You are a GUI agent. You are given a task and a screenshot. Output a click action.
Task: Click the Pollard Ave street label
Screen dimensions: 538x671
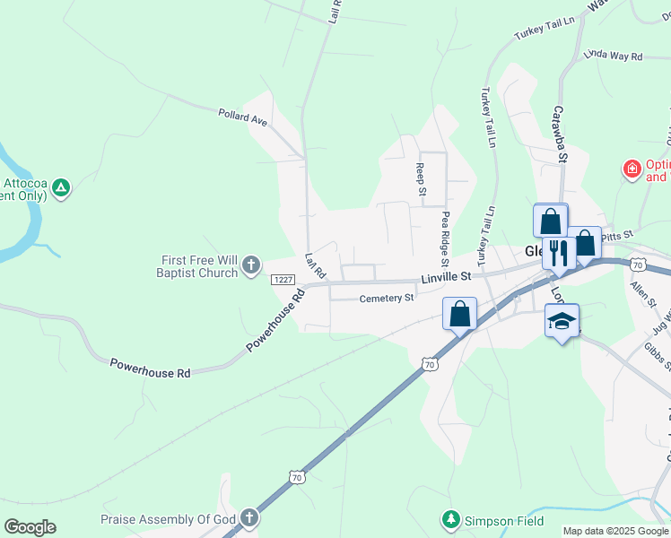coord(243,117)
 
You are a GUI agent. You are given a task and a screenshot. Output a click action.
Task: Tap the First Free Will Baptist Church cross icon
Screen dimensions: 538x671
coord(250,265)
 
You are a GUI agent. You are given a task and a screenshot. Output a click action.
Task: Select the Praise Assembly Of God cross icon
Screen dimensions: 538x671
coord(248,519)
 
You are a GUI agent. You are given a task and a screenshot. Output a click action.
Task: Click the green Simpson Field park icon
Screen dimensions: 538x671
coord(449,519)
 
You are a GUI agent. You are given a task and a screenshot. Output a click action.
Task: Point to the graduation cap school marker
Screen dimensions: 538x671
coord(562,321)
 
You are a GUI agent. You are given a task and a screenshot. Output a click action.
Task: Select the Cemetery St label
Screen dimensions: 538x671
coord(387,299)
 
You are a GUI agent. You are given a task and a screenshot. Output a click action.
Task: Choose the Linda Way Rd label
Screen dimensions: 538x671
coord(614,56)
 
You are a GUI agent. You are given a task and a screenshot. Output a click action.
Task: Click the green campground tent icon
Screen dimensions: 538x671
coord(60,187)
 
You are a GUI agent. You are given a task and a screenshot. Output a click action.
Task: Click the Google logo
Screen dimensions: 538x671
coord(30,527)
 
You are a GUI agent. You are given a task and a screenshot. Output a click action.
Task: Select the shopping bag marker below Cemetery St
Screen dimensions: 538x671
coord(459,315)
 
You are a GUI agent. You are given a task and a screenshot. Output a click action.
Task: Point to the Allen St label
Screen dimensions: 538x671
coord(640,294)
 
